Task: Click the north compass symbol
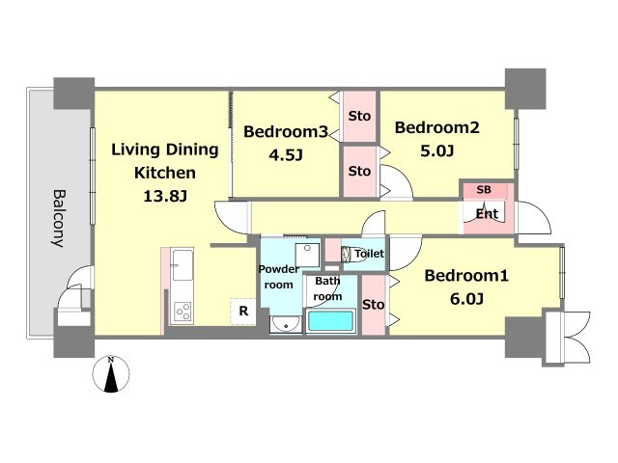[x=111, y=374]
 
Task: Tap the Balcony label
[x=59, y=219]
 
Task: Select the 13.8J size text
[x=165, y=196]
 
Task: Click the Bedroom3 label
[x=286, y=131]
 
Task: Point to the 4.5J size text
[x=286, y=155]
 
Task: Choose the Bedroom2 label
[x=437, y=127]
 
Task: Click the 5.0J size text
[x=437, y=150]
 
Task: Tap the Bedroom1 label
[x=466, y=276]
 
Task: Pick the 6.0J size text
[x=466, y=299]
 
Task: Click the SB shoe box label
[x=484, y=190]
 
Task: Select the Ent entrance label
[x=487, y=214]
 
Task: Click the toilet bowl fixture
[x=348, y=255]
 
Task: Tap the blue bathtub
[x=330, y=321]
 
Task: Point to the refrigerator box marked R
[x=243, y=312]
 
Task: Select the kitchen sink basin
[x=183, y=265]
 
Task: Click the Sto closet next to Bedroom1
[x=374, y=305]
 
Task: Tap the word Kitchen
[x=165, y=173]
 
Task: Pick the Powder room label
[x=279, y=277]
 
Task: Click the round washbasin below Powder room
[x=286, y=325]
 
